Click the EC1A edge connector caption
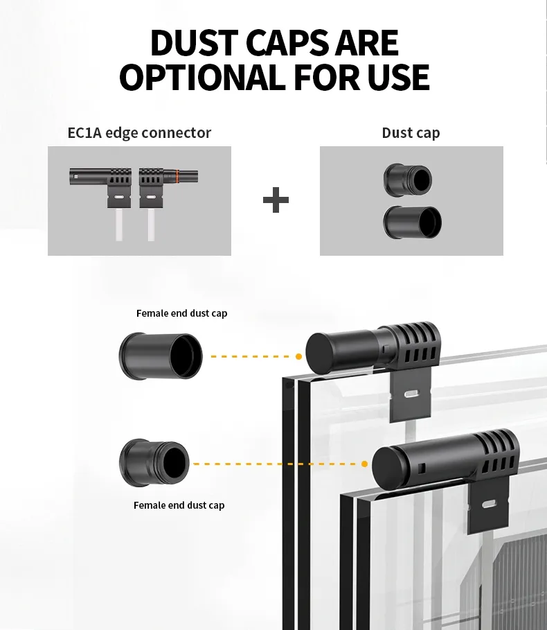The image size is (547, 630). click(139, 132)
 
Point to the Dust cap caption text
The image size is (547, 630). click(411, 132)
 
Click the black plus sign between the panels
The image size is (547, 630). click(276, 201)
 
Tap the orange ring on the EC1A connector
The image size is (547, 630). click(178, 176)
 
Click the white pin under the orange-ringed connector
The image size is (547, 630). click(151, 226)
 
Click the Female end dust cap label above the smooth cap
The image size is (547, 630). click(181, 313)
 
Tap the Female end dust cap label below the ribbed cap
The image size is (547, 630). click(179, 505)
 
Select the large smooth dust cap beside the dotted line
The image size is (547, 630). click(161, 356)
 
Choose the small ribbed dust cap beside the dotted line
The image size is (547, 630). click(154, 463)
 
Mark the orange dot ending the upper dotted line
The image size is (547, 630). click(298, 356)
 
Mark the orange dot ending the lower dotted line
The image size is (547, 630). click(365, 464)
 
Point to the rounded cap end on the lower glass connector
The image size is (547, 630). click(384, 464)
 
